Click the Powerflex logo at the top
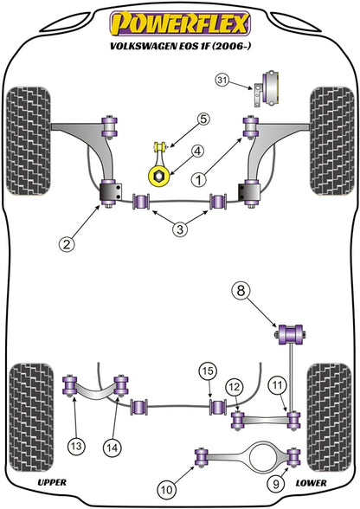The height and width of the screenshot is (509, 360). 180,23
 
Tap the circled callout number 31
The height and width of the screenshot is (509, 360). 222,80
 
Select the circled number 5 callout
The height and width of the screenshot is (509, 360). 202,119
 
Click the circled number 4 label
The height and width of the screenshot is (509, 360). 198,151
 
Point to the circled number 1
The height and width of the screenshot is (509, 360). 199,179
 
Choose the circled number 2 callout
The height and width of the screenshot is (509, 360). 67,243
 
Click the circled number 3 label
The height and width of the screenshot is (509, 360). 180,229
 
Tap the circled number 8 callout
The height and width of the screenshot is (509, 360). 241,291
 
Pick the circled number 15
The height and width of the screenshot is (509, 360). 208,370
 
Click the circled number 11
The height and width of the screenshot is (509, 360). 278,386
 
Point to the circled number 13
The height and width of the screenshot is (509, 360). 76,446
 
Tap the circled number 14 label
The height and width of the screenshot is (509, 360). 112,448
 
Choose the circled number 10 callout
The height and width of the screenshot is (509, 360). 167,489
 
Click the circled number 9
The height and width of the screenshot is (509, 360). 276,485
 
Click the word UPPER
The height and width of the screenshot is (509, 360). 52,483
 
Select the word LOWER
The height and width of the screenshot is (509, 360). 311,483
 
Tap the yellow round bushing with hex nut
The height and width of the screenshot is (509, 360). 159,177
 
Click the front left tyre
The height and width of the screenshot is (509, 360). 29,141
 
